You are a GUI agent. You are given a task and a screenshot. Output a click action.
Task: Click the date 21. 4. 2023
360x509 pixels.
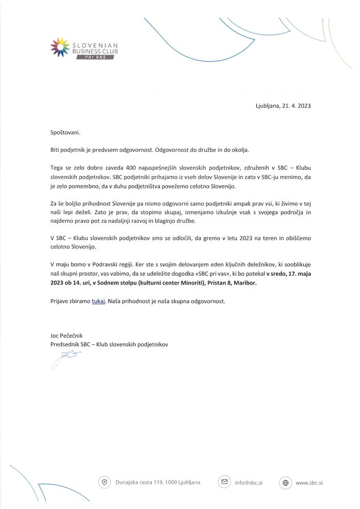[297, 106]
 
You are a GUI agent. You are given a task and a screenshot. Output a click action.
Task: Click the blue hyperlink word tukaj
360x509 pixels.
[99, 301]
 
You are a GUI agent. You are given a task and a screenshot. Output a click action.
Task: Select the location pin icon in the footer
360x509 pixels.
[104, 482]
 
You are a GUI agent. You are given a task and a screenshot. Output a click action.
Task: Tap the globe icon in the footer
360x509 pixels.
[285, 483]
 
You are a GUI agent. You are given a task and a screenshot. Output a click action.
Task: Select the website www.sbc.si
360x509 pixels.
[309, 483]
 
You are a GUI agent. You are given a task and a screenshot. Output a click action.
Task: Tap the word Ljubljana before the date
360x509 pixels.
[268, 106]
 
